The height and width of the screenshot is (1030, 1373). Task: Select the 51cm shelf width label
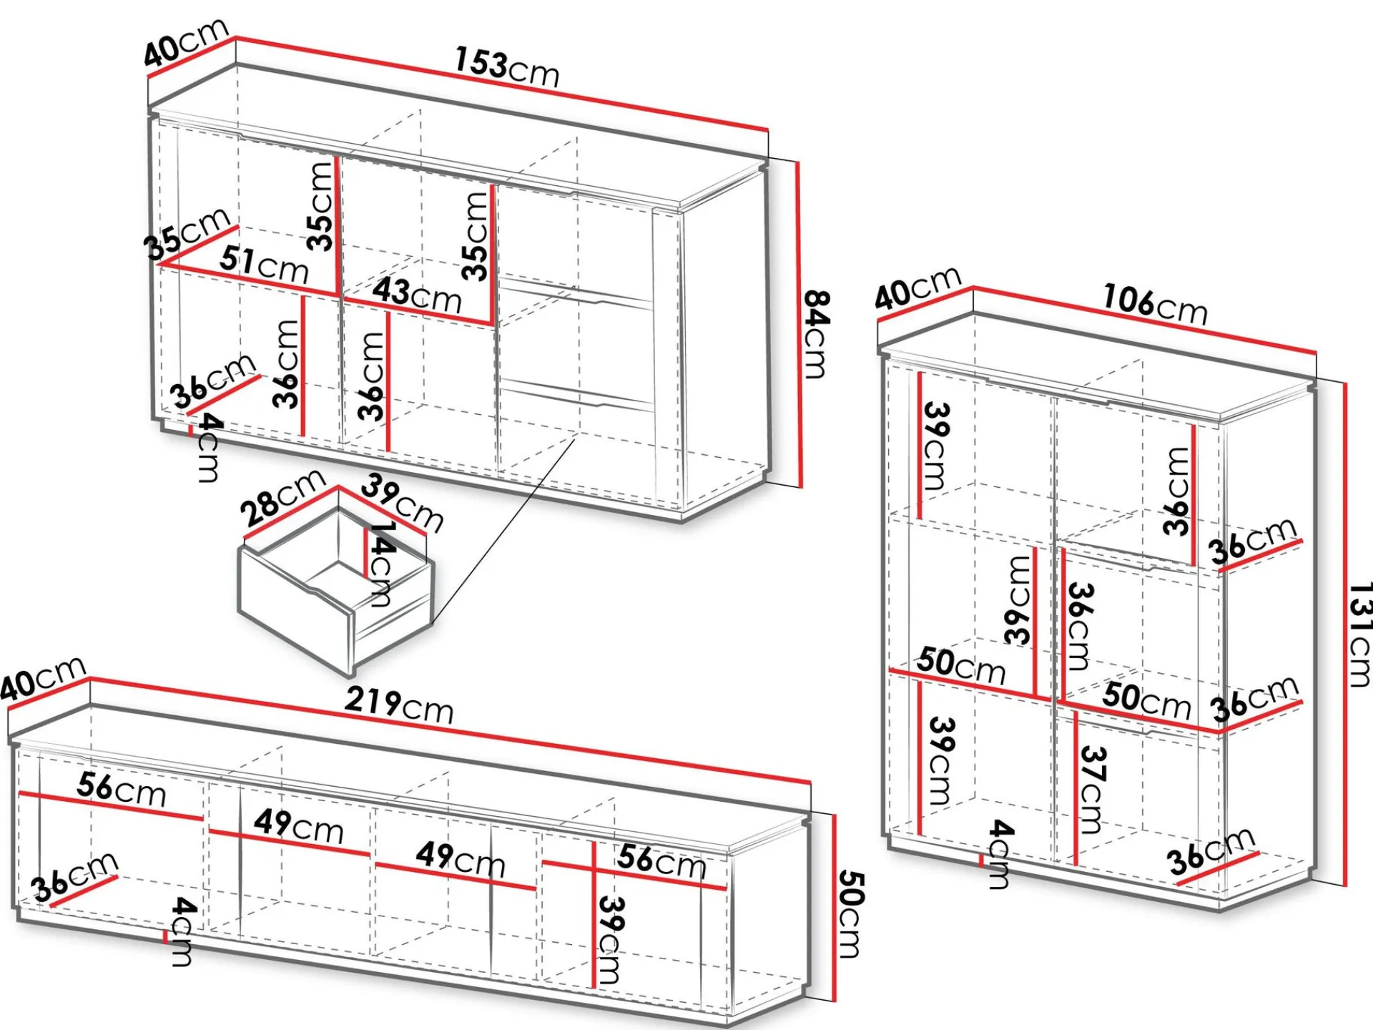tap(264, 264)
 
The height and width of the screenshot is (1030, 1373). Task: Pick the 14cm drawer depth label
tap(381, 564)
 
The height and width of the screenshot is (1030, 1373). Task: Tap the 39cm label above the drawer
tap(402, 502)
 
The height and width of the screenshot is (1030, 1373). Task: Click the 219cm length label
tap(399, 705)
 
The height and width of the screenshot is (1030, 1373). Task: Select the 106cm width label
tap(1155, 303)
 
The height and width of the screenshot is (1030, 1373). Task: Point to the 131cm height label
tap(1359, 634)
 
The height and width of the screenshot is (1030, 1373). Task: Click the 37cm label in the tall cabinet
tap(1092, 790)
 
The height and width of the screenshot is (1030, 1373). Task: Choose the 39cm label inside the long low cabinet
tap(610, 940)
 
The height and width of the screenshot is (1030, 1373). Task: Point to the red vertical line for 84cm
tap(798, 325)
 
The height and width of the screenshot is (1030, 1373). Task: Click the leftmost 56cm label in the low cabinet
tap(122, 790)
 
